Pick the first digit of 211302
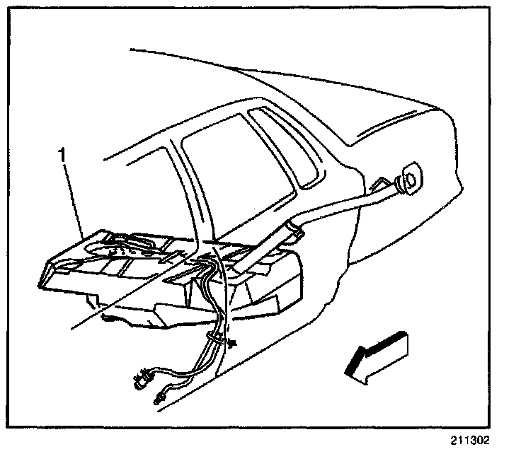[452, 438]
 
